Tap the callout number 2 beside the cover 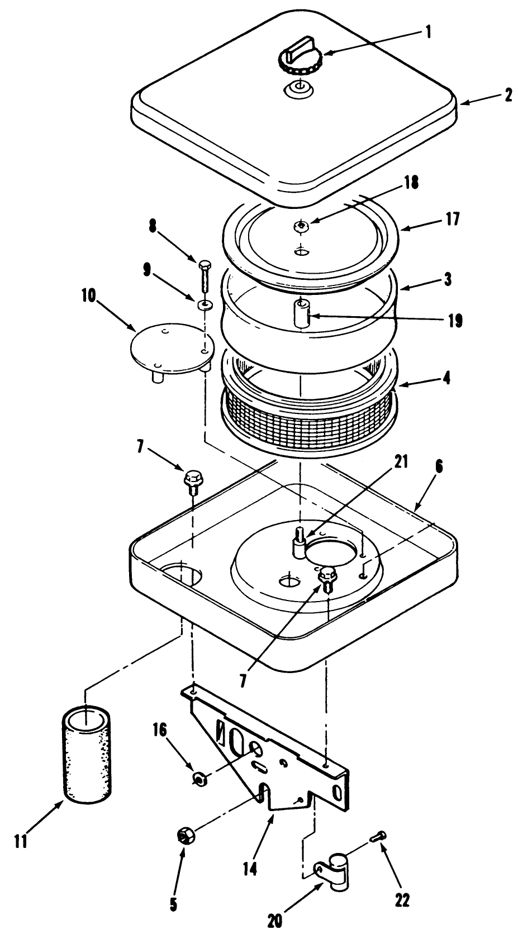pos(507,95)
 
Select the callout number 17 pos(452,218)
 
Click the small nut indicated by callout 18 pos(301,226)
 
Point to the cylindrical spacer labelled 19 pos(302,314)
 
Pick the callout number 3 pos(448,279)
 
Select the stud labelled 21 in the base pos(299,541)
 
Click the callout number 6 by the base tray pos(439,467)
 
